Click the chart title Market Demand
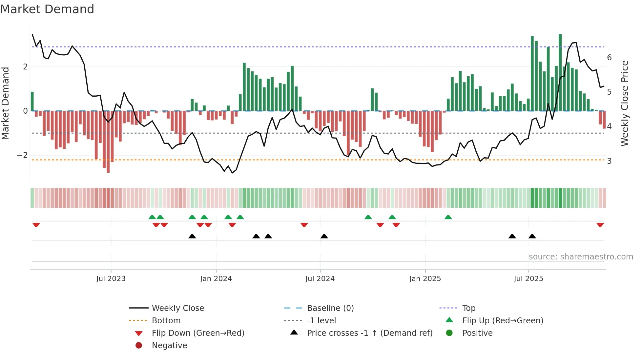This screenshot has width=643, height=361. point(47,9)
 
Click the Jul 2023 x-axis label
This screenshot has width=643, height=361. point(111,279)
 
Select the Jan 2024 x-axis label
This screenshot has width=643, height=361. point(216,279)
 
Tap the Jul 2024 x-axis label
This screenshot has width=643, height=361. point(320,279)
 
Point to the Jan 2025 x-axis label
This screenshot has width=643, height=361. point(425,279)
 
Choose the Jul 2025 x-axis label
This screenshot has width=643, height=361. point(529,279)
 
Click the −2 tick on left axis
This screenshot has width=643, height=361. point(22,155)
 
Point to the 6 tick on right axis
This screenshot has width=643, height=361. point(609,58)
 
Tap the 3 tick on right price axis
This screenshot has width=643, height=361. point(609,161)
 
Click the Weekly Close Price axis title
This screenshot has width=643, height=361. point(625,103)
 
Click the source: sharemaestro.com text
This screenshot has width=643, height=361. point(581,257)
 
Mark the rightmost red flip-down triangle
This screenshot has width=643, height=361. point(600,225)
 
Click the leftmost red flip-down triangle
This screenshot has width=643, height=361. point(36,225)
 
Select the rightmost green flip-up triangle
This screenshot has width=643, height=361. point(448,217)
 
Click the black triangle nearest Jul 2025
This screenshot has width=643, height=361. point(532,237)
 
